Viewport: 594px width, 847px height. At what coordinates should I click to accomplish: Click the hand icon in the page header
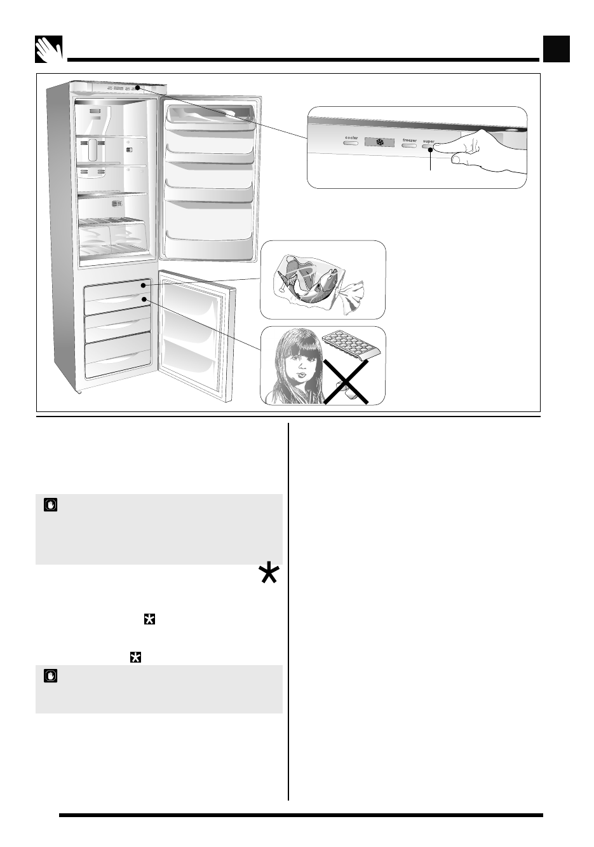click(49, 49)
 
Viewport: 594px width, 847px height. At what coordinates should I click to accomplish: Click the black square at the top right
click(556, 49)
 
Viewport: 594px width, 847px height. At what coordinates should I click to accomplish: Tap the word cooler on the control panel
click(351, 137)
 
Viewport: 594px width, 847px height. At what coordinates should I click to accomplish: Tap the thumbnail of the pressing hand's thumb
click(456, 162)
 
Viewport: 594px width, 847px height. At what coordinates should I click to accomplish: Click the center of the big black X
click(346, 381)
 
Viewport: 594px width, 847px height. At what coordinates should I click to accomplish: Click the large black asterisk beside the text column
click(269, 574)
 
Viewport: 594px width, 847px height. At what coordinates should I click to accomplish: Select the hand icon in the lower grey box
click(50, 675)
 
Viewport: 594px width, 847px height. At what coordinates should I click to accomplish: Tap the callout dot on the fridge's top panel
click(137, 87)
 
